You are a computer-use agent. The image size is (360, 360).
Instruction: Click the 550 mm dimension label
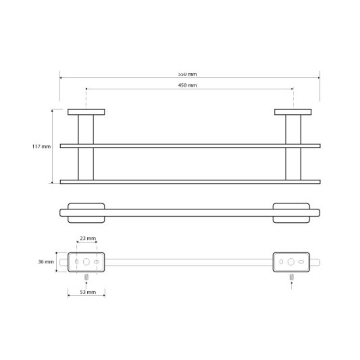coord(187,74)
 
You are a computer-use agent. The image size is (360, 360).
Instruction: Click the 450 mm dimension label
coord(187,85)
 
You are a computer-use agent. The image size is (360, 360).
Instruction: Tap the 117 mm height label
coord(41,147)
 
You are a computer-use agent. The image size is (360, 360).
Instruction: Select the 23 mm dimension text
coord(88,238)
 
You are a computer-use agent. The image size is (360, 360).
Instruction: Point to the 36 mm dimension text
coord(46,262)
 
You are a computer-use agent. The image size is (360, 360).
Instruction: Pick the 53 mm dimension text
coord(88,292)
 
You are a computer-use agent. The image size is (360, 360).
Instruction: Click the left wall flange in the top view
coord(86,112)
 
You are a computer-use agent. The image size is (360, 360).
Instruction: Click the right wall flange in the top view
coord(293,112)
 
